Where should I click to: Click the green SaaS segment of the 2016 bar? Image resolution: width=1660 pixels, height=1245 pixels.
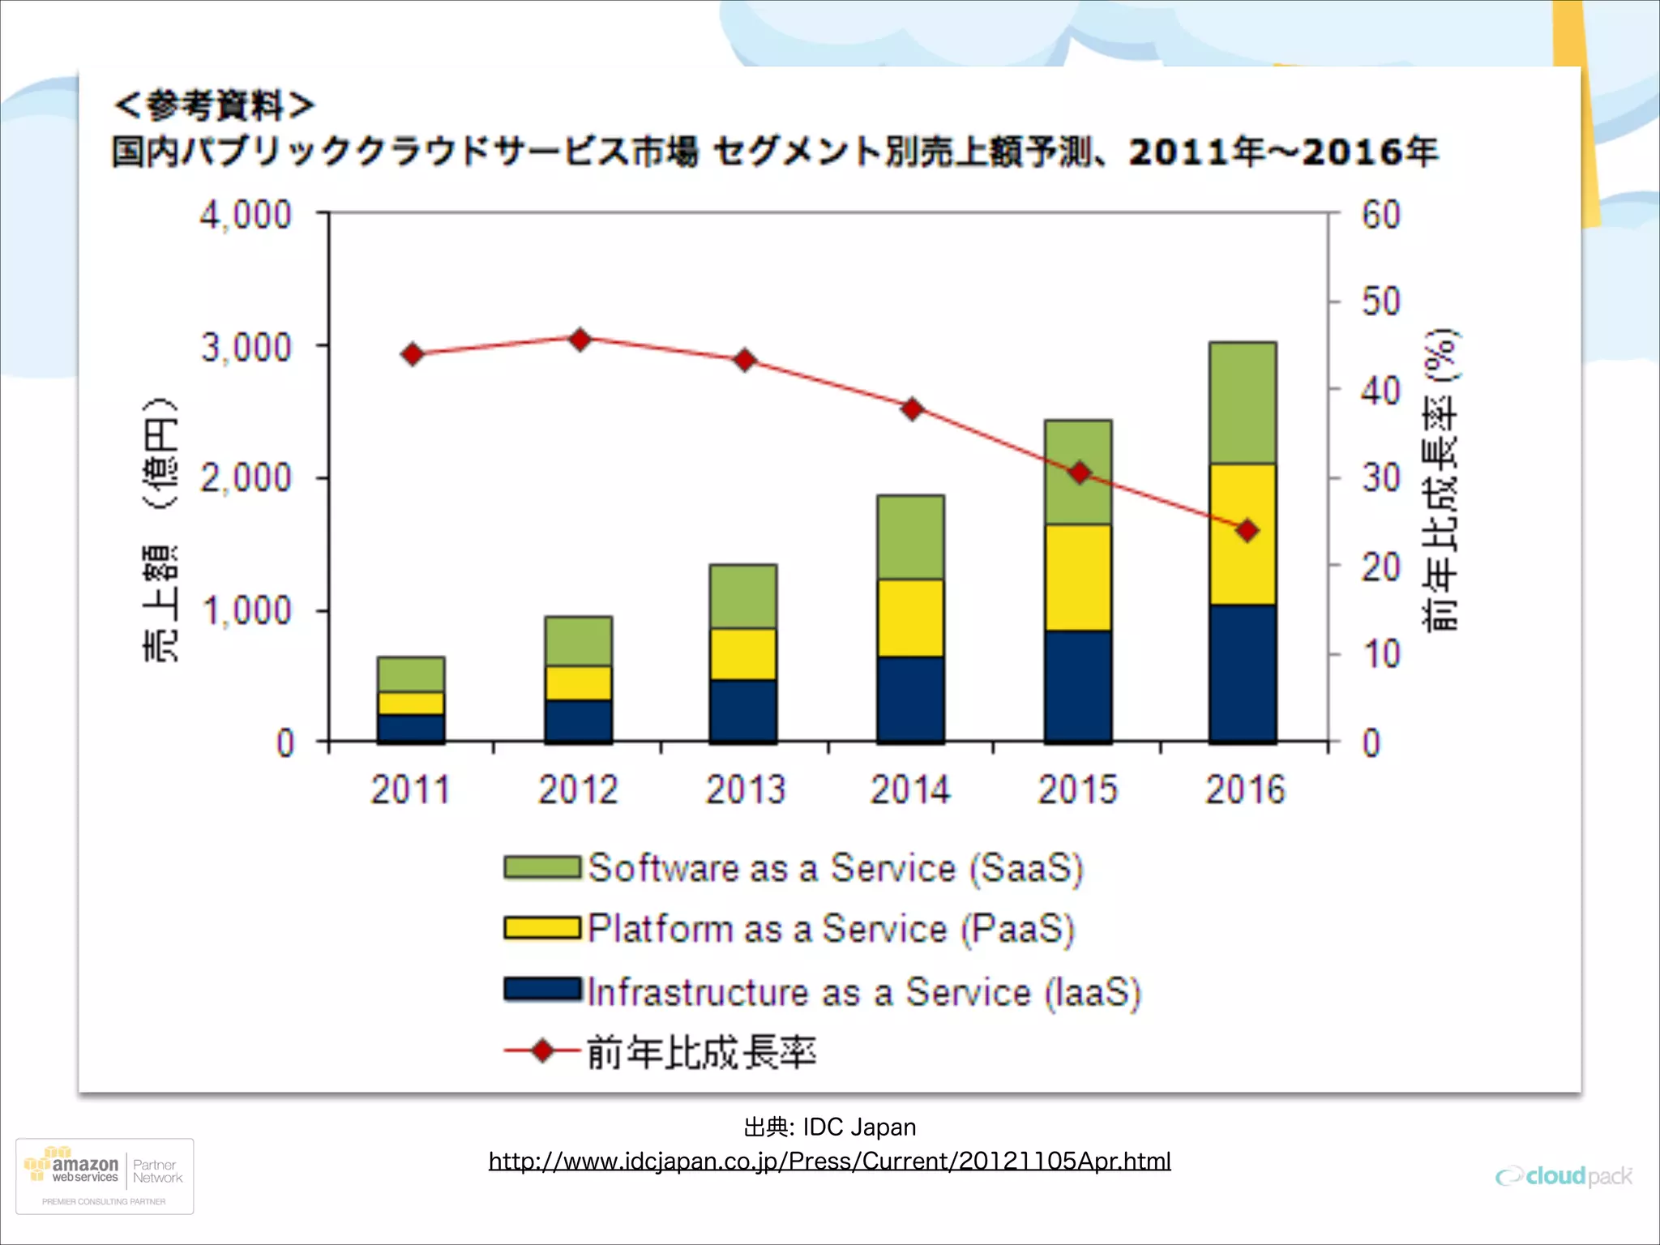coord(1243,403)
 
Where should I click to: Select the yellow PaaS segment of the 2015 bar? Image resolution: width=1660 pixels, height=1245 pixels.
coord(1077,577)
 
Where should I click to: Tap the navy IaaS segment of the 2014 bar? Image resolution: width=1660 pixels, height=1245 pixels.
coord(910,699)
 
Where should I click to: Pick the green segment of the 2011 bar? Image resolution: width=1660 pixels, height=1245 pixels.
coord(411,674)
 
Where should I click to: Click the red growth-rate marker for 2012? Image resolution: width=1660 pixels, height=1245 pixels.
coord(580,340)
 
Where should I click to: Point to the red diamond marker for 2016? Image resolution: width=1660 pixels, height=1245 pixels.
coord(1247,531)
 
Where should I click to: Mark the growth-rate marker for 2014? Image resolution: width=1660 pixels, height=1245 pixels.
coord(913,409)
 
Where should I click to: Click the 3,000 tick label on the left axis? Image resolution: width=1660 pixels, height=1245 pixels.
coord(246,348)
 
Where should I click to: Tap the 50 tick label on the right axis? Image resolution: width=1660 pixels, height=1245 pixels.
coord(1380,302)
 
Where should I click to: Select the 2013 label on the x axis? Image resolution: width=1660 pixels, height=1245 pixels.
coord(745,789)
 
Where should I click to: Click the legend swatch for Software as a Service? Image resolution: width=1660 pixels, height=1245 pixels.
coord(541,867)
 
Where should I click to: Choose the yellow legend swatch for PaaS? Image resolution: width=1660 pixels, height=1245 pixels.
coord(541,928)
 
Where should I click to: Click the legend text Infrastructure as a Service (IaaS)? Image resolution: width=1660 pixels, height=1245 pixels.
coord(863,992)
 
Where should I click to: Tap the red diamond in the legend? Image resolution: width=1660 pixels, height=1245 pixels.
coord(542,1051)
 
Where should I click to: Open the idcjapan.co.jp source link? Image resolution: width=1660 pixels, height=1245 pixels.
coord(829,1161)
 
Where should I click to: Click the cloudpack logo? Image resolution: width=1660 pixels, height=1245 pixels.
coord(1564,1176)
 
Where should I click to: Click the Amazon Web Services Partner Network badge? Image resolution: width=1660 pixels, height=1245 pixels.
coord(105,1176)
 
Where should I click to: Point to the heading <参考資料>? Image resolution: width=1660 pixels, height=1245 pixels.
coord(213,105)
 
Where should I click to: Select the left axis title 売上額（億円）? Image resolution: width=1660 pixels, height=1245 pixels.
coord(160,531)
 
